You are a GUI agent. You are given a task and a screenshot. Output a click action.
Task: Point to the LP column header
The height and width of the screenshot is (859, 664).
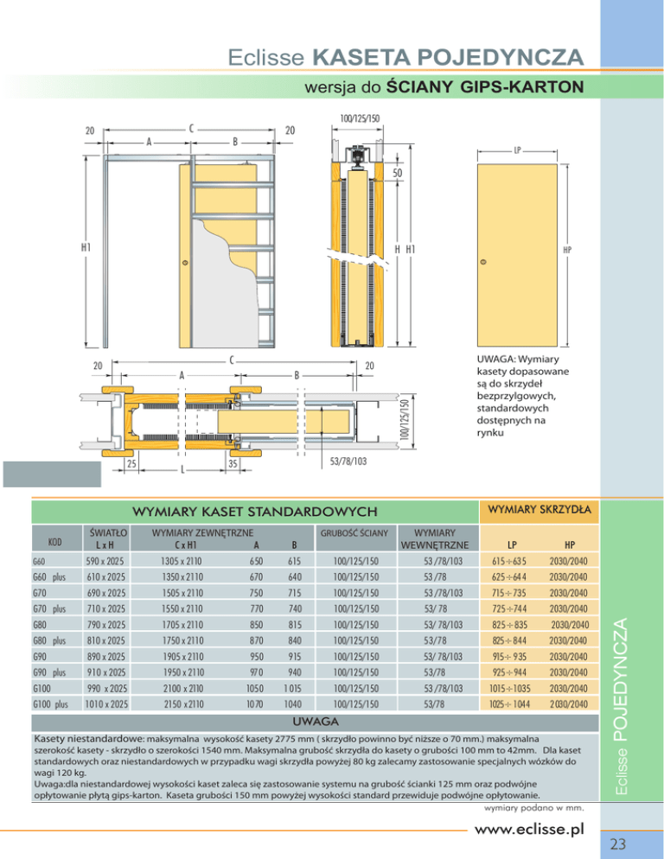513,545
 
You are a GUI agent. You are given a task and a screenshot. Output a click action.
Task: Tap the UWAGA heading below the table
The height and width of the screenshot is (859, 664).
313,720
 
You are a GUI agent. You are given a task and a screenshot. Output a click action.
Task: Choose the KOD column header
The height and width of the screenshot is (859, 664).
54,542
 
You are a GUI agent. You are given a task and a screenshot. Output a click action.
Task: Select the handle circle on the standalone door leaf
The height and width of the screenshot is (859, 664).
482,262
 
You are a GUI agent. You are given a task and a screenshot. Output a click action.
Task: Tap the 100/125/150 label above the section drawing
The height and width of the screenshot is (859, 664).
359,118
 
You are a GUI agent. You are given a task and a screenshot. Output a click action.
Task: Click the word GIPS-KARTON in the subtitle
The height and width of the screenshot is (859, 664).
527,87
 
